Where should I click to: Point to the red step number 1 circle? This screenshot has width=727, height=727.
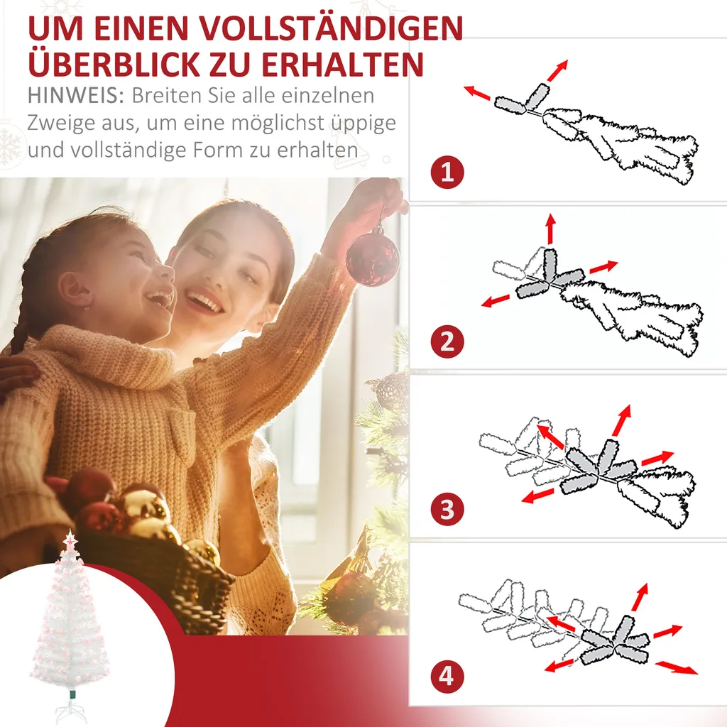(x=447, y=173)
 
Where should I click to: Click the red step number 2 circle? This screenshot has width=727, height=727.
(x=447, y=342)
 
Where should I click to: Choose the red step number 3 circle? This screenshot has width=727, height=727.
(x=447, y=509)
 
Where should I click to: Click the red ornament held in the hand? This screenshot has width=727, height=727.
(x=373, y=256)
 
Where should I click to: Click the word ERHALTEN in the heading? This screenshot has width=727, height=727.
(x=343, y=63)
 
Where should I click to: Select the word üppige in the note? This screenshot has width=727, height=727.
(x=363, y=123)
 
